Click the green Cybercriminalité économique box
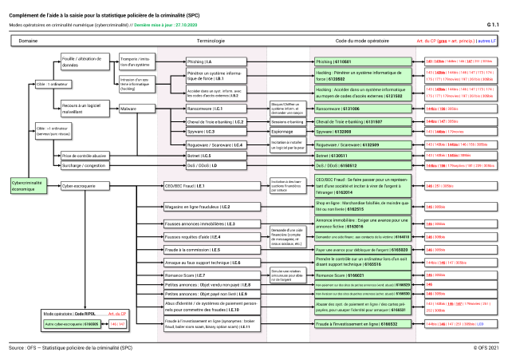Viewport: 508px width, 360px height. tap(29, 184)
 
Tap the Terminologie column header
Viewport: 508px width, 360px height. tap(211, 39)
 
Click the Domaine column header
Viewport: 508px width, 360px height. tap(29, 39)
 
